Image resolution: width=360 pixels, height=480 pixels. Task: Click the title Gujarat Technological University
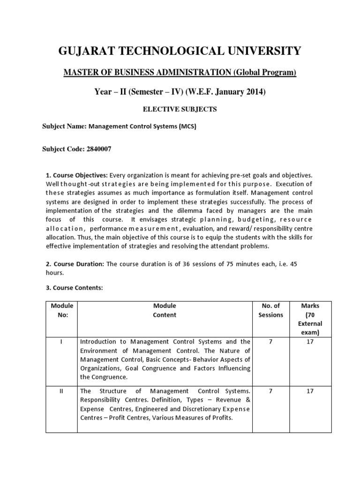[x=180, y=51]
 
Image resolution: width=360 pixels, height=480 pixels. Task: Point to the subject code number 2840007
[x=96, y=149]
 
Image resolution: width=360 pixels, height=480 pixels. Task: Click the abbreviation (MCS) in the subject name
[x=185, y=127]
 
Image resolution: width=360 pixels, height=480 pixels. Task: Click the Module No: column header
[x=61, y=310]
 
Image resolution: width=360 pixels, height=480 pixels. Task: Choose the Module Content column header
[x=165, y=310]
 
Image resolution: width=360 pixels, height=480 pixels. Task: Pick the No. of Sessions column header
[x=270, y=310]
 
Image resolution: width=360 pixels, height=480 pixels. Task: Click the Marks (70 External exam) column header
[x=310, y=319]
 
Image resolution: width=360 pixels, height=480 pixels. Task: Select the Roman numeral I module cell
[x=61, y=342]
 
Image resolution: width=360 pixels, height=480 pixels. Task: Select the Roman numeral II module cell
[x=61, y=391]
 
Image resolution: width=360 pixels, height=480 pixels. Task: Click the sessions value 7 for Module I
[x=270, y=342]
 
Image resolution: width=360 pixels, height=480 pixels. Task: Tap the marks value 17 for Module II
[x=310, y=391]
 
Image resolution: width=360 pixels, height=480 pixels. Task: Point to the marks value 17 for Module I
[x=310, y=342]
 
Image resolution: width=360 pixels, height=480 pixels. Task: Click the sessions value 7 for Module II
[x=270, y=391]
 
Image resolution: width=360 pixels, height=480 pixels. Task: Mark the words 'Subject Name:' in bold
[x=64, y=127]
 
